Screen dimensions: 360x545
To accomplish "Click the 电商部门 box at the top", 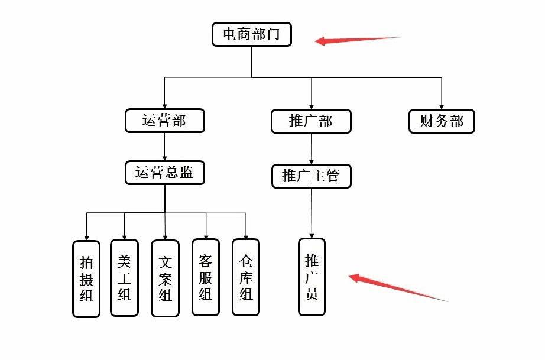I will [252, 34].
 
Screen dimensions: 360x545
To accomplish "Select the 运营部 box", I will [164, 121].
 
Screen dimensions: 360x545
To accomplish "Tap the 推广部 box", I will [311, 121].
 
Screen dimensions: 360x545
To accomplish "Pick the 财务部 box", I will [442, 121].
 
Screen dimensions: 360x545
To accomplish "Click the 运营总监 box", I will [165, 173].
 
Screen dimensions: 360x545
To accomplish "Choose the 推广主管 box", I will [311, 176].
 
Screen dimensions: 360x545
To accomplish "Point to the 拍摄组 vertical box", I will [86, 278].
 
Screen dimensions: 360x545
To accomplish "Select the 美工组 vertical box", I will [124, 277].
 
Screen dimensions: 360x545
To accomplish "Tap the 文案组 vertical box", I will [165, 278].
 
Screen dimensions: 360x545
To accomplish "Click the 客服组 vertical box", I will [205, 277].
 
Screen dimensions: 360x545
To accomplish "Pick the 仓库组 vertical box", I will [246, 277].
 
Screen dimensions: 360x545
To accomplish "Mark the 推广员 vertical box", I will [312, 277].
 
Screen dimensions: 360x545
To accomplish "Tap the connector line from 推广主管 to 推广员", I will [312, 213].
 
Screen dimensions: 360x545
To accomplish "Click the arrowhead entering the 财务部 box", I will [442, 106].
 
